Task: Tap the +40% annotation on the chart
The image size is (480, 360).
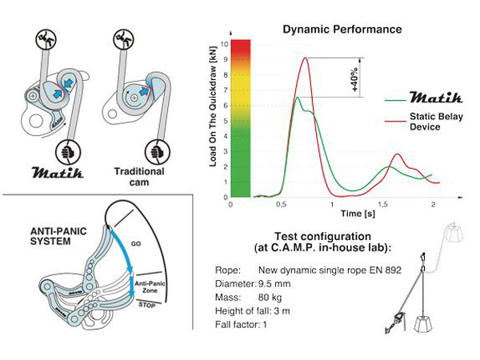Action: pos(354,78)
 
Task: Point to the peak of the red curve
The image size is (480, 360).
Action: pos(305,58)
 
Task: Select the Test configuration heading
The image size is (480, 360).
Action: pos(322,238)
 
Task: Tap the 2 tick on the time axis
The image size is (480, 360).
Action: pos(433,205)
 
